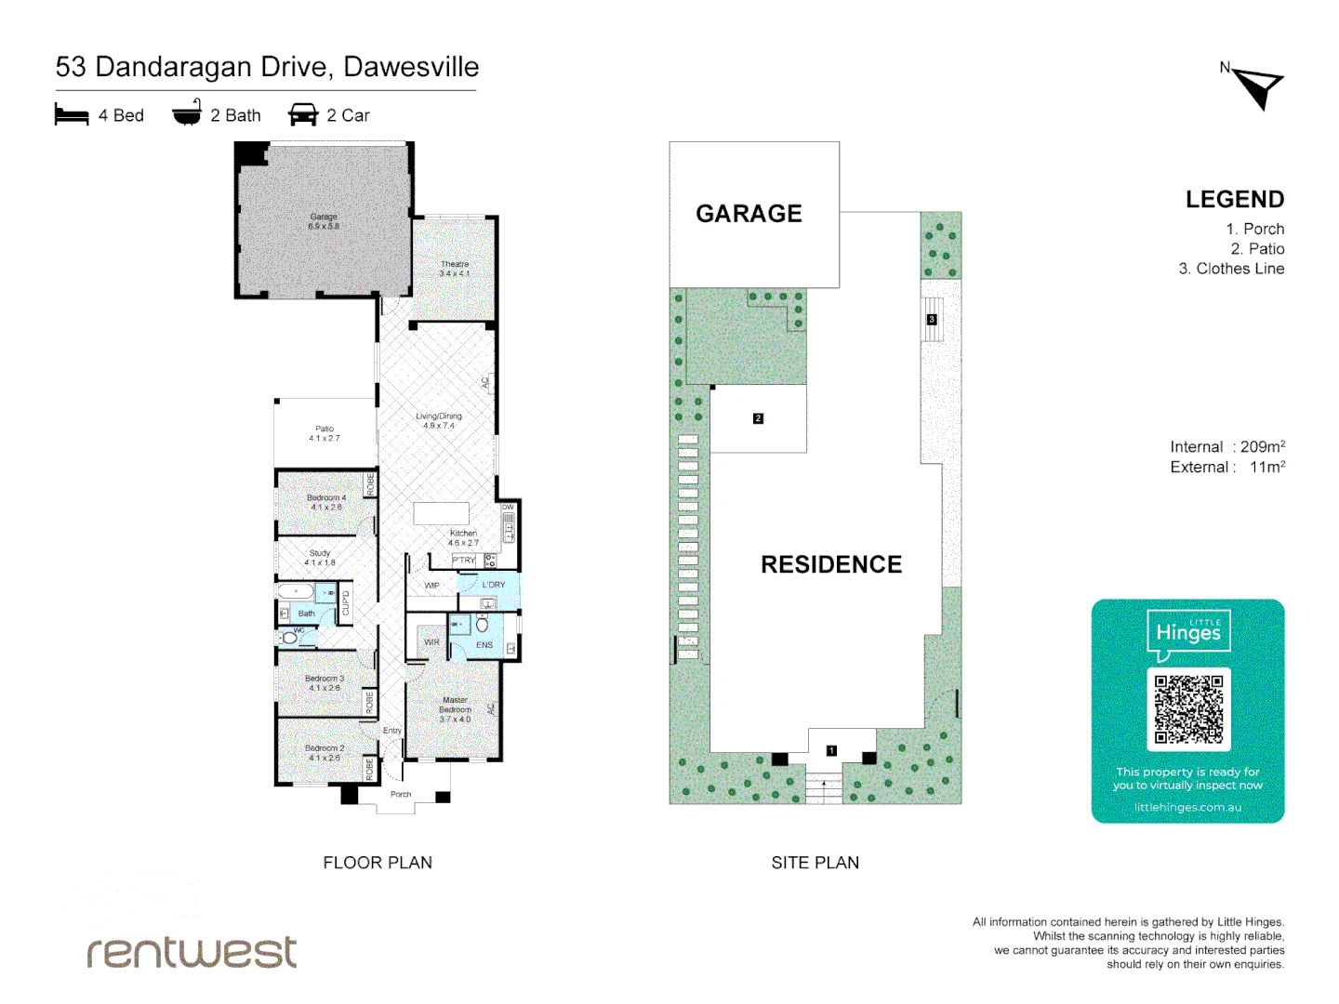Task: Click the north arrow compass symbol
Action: (1258, 87)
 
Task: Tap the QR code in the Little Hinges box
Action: (1188, 709)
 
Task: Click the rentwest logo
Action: (192, 951)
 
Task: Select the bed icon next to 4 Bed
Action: (72, 115)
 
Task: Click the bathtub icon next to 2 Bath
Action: (187, 113)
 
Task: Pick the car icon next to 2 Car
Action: (303, 115)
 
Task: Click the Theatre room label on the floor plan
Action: (455, 269)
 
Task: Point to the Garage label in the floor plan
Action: (324, 220)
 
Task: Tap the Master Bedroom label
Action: (455, 708)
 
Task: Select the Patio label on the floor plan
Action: (325, 433)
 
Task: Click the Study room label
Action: (320, 557)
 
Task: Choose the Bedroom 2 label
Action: (325, 752)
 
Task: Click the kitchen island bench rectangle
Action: (441, 514)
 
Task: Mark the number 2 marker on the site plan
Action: (758, 418)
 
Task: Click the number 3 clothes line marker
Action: (932, 320)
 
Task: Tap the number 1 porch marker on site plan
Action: (831, 750)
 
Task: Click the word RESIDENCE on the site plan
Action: (831, 564)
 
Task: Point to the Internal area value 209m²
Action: (1262, 447)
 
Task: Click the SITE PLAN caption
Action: (815, 863)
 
